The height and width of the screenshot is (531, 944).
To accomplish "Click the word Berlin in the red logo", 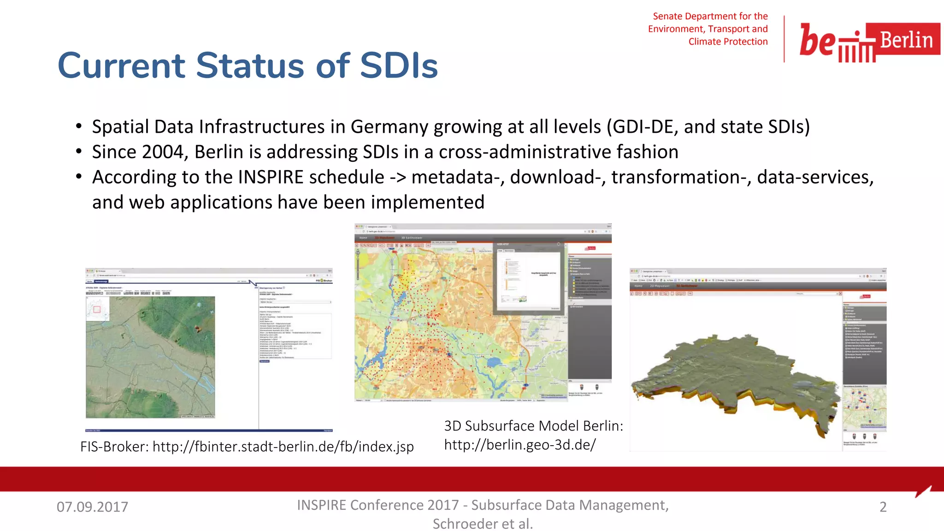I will (x=906, y=40).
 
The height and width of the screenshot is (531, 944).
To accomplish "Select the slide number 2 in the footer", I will (x=883, y=507).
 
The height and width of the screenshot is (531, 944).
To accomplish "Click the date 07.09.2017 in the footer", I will (x=92, y=507).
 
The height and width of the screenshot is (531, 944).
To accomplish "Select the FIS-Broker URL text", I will (x=283, y=447).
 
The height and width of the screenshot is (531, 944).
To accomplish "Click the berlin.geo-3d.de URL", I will (x=520, y=445).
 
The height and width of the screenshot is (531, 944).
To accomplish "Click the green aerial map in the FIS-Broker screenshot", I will (x=150, y=357).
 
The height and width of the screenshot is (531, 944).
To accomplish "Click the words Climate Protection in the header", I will (x=728, y=41).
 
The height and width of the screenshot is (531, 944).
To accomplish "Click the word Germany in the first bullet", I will (x=389, y=127).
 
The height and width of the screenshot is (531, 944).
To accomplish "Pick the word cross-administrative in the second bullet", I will (x=525, y=152).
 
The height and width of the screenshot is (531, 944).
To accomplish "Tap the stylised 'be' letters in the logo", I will (x=817, y=40).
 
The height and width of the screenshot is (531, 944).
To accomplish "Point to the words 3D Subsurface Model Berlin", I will (x=533, y=426).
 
